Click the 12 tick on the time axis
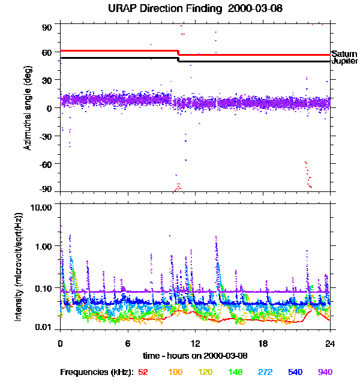(x=195, y=344)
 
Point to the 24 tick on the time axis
(x=330, y=344)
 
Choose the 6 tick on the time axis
(x=128, y=344)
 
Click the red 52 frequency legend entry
(x=143, y=373)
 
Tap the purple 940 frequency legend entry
(x=325, y=373)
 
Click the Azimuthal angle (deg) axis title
(x=27, y=108)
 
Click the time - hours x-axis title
(x=196, y=356)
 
